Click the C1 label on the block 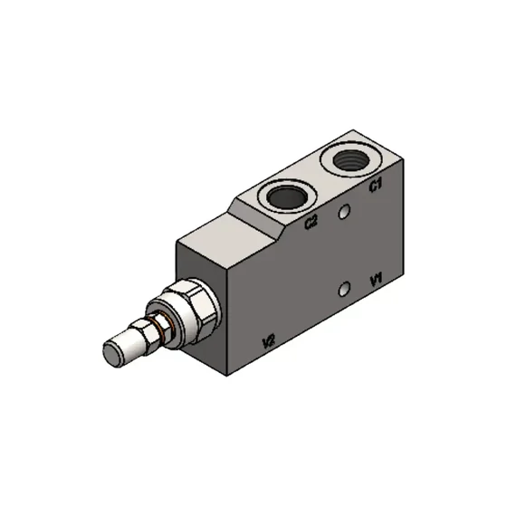click(x=375, y=186)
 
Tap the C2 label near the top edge click(x=311, y=221)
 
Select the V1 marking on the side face click(x=378, y=279)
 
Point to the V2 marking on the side click(x=267, y=341)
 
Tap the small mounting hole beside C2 click(x=343, y=212)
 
